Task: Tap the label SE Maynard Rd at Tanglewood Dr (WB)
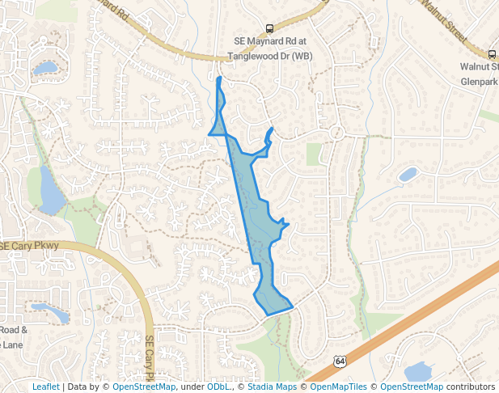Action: (x=269, y=49)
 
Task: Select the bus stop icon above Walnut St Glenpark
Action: (x=493, y=53)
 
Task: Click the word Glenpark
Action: (x=478, y=82)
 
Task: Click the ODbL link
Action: (x=219, y=387)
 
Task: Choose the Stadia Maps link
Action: (x=272, y=387)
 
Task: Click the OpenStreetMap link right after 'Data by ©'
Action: (x=144, y=387)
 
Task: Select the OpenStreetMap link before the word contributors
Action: (x=412, y=387)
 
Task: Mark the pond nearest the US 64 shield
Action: (x=418, y=371)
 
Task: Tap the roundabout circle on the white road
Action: (x=337, y=132)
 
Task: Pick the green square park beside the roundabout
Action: (x=314, y=154)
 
